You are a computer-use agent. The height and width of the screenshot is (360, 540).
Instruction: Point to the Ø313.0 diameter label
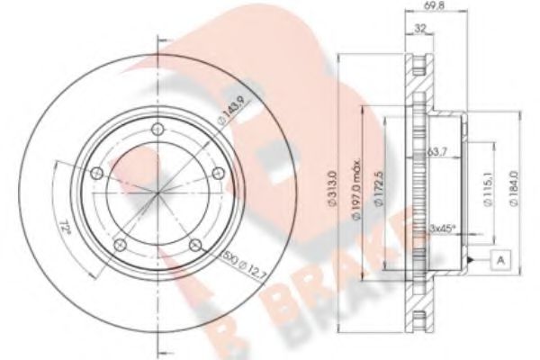pos(332,192)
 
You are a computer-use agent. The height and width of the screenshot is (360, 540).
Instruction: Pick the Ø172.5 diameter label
pos(380,192)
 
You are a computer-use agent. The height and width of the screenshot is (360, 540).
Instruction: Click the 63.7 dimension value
pos(437,152)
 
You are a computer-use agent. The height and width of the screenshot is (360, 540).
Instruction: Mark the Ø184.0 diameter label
pos(512,192)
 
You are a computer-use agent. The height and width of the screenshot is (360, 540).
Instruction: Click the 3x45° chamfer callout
pos(444,228)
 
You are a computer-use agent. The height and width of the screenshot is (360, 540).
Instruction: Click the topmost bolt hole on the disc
pos(158,130)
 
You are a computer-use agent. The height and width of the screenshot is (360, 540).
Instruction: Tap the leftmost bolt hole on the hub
pos(99,173)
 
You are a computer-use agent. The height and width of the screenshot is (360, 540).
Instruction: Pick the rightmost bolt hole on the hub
pos(217,173)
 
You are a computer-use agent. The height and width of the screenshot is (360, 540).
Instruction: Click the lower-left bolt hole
pos(121,243)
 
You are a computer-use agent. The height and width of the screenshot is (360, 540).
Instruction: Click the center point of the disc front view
pos(158,193)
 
